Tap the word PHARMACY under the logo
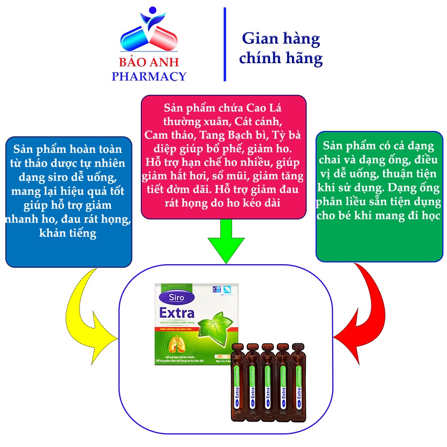149,76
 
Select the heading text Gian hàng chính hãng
281,48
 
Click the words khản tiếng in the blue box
68,233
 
